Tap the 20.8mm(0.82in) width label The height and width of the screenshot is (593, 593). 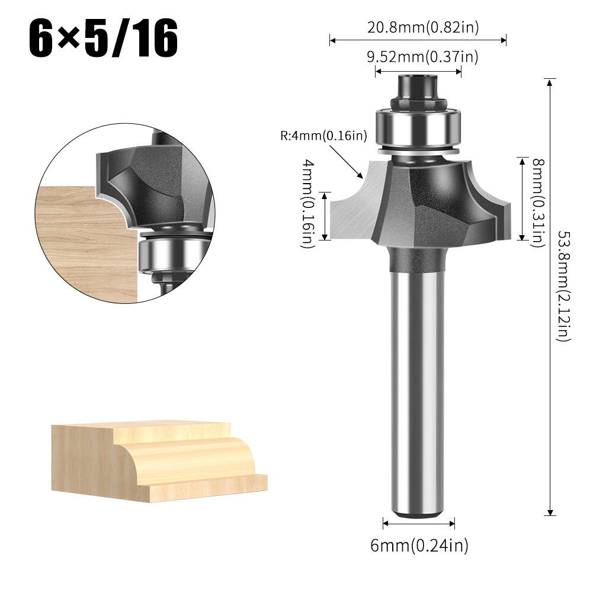click(x=418, y=26)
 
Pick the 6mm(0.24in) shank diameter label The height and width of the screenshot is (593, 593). click(x=419, y=545)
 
